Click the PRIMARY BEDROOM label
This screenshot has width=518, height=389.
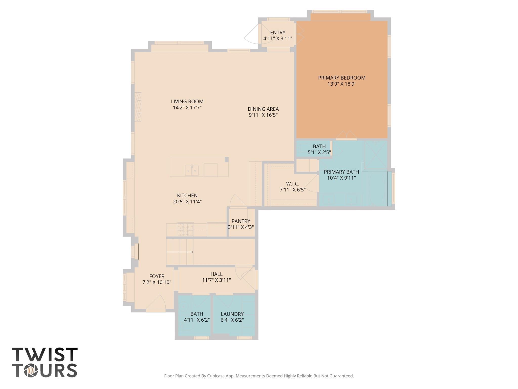point(342,78)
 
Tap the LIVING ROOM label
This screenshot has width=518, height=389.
point(187,102)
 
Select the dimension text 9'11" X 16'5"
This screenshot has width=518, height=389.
point(263,115)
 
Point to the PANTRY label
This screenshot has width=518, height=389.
point(241,221)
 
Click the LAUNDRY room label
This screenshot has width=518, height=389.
point(232,314)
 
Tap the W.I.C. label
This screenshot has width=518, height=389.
point(293,184)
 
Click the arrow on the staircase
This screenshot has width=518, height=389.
point(180,252)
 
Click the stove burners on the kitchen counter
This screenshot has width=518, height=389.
point(185,229)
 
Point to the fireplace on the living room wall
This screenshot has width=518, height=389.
point(138,107)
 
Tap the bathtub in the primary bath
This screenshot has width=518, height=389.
point(377,189)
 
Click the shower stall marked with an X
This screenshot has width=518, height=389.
point(376,155)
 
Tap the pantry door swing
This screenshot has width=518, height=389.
point(238,201)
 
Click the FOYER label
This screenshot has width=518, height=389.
point(157,276)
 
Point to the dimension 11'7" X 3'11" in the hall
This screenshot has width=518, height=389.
point(217,280)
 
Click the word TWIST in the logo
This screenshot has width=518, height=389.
point(45,355)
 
